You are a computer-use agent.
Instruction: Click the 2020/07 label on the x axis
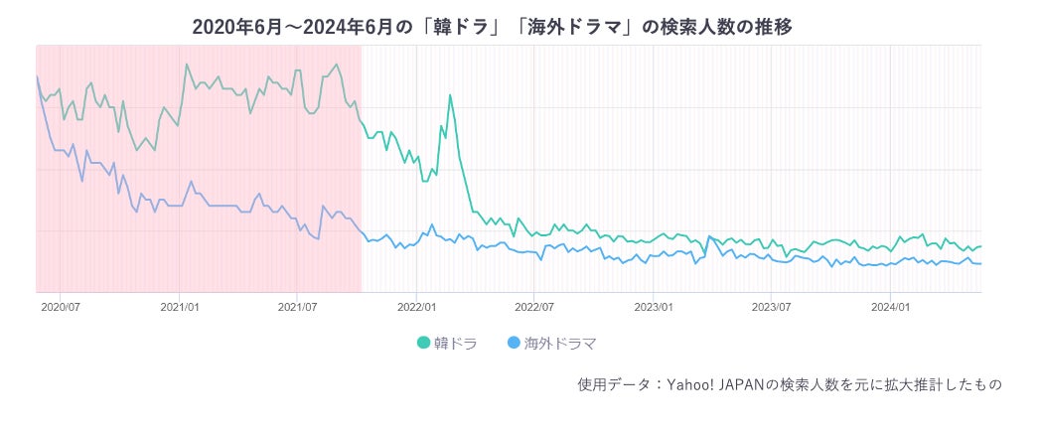(61, 308)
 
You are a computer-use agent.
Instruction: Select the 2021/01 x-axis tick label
(180, 308)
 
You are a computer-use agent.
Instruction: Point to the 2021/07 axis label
(297, 308)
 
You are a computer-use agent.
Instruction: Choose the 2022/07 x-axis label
(533, 308)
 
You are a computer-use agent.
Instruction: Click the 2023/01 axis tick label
(654, 308)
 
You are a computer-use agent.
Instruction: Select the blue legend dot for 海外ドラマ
(513, 344)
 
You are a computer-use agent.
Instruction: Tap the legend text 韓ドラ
(455, 344)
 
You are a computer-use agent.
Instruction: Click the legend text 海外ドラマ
(560, 344)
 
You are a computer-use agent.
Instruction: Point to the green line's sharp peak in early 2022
(450, 95)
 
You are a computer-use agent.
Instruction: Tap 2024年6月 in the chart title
(340, 27)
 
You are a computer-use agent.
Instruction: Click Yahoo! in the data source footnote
(688, 383)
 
